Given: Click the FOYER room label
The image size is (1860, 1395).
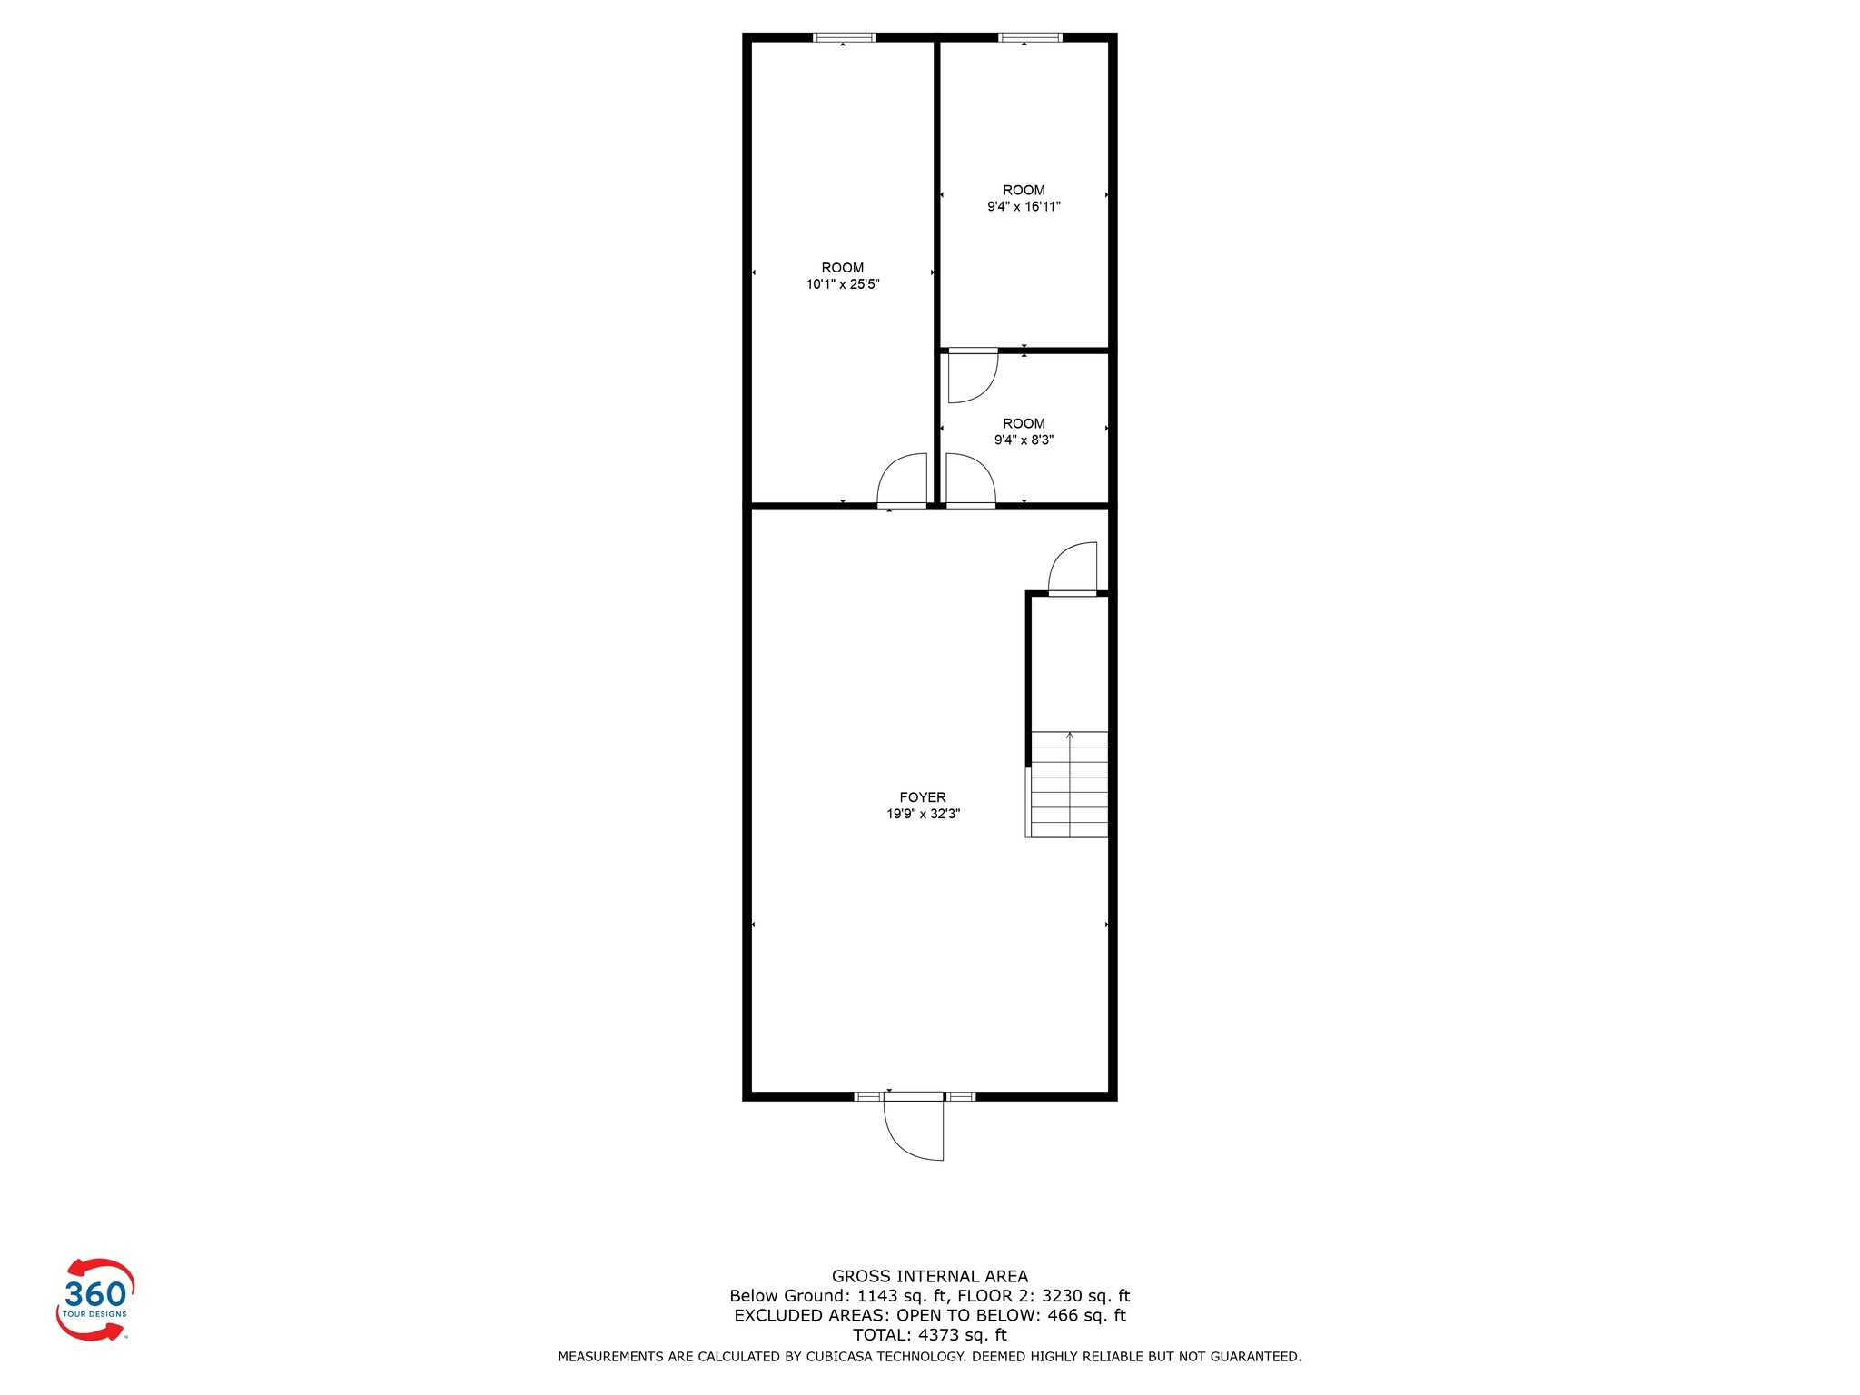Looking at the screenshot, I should pyautogui.click(x=923, y=797).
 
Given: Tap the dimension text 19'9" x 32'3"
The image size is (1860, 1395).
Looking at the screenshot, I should pyautogui.click(x=923, y=815).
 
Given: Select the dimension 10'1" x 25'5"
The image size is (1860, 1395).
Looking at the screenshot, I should pyautogui.click(x=843, y=284).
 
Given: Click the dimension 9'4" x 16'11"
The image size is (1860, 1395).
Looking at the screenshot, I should pyautogui.click(x=1024, y=207).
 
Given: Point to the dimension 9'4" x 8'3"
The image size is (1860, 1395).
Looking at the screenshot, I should pyautogui.click(x=1024, y=440).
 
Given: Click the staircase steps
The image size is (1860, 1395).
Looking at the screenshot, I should pyautogui.click(x=1070, y=786).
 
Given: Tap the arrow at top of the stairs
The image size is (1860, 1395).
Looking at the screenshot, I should pyautogui.click(x=1070, y=736).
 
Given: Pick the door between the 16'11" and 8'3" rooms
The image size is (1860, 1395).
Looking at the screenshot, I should pyautogui.click(x=972, y=376).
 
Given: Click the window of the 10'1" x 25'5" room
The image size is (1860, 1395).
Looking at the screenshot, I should pyautogui.click(x=844, y=37).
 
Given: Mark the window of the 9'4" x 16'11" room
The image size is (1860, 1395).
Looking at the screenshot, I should pyautogui.click(x=1030, y=37).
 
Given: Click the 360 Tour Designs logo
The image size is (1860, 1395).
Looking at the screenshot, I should pyautogui.click(x=95, y=1299).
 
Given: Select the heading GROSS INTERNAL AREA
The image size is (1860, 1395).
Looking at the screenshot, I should pyautogui.click(x=930, y=1276).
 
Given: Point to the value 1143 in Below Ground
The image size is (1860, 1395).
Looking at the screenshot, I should pyautogui.click(x=876, y=1296).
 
